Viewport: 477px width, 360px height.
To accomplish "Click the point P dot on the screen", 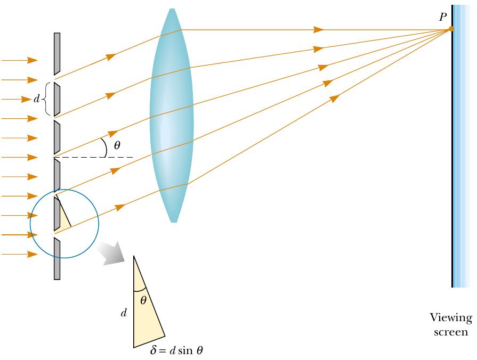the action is pyautogui.click(x=451, y=29).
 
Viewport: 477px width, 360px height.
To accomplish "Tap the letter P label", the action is pyautogui.click(x=442, y=17).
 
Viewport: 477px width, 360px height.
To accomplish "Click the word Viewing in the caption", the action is pyautogui.click(x=451, y=318).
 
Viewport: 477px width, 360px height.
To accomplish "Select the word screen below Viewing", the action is pyautogui.click(x=451, y=332).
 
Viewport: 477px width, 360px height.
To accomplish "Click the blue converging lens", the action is pyautogui.click(x=171, y=115).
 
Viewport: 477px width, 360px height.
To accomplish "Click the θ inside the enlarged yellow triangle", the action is pyautogui.click(x=143, y=300).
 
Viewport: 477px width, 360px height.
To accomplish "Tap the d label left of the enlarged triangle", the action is pyautogui.click(x=124, y=313).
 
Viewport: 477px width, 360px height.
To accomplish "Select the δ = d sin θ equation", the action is pyautogui.click(x=176, y=350).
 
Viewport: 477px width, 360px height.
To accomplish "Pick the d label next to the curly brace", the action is pyautogui.click(x=36, y=99).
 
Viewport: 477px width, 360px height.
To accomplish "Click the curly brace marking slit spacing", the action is pyautogui.click(x=46, y=99).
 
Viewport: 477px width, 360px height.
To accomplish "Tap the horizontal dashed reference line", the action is pyautogui.click(x=96, y=158).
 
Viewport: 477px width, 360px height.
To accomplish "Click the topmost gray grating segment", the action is pyautogui.click(x=56, y=53).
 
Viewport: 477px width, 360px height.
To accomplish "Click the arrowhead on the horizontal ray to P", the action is pyautogui.click(x=319, y=29).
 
